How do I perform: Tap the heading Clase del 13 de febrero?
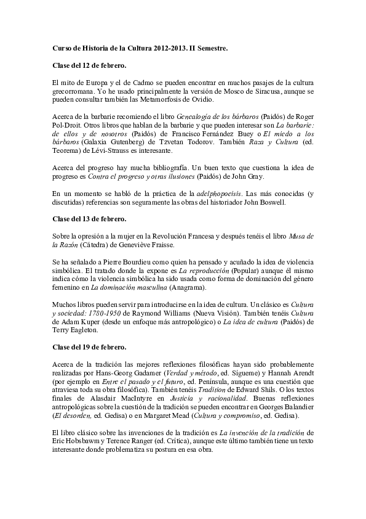[90, 219]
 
